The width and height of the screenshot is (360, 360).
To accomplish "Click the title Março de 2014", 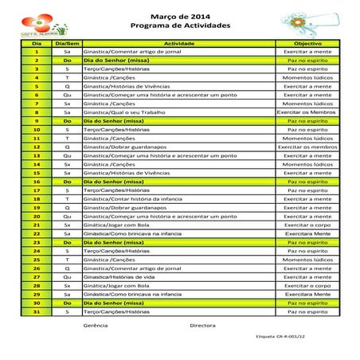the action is coord(179,16).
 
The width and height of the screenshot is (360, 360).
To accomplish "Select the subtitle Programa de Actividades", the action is coord(179,25).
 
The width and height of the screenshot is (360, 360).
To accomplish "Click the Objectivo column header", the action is coord(307,43).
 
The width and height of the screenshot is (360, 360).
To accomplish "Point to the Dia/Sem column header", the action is coord(67,43).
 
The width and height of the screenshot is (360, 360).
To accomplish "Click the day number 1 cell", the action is coord(37,52).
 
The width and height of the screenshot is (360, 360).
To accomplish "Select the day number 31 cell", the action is coord(37,311).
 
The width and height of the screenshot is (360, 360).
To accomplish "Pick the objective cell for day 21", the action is coord(307,225).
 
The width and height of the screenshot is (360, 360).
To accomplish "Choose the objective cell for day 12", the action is coord(307,147).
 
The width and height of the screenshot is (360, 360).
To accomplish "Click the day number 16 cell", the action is coord(37,182).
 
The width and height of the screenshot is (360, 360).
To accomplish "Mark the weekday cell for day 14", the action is coord(67,164).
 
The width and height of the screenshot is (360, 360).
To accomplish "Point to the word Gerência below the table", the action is coord(96,326).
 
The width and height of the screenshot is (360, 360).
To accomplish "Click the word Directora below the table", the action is coord(202,326).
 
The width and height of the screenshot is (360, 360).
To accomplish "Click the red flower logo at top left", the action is coord(37,22).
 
